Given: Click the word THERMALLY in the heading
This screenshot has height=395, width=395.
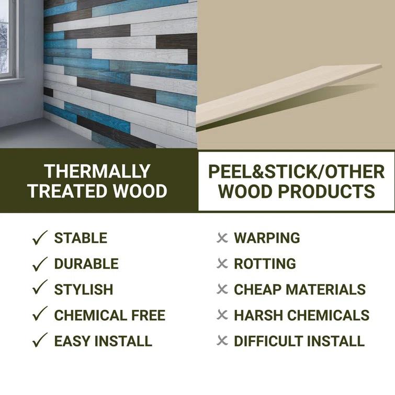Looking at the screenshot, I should pyautogui.click(x=97, y=171).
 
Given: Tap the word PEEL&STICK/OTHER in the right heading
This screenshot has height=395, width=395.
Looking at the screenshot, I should pyautogui.click(x=296, y=172).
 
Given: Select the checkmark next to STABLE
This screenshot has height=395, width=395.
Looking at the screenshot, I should pyautogui.click(x=40, y=238).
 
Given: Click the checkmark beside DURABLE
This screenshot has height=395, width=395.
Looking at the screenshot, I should pyautogui.click(x=40, y=264).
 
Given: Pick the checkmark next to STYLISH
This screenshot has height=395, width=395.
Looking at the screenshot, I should pyautogui.click(x=40, y=289).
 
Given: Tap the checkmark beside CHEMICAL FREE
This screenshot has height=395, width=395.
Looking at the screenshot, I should pyautogui.click(x=40, y=315).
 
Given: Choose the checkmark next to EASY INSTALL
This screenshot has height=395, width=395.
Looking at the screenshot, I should pyautogui.click(x=40, y=341).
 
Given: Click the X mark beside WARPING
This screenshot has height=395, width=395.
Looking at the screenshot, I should pyautogui.click(x=222, y=238).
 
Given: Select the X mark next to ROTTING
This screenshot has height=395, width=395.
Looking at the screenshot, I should pyautogui.click(x=222, y=264).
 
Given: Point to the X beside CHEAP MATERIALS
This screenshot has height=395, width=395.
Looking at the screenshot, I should pyautogui.click(x=222, y=289).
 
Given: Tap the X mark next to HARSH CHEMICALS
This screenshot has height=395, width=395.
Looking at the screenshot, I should pyautogui.click(x=222, y=315).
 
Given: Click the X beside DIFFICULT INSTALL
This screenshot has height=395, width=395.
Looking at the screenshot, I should pyautogui.click(x=222, y=341).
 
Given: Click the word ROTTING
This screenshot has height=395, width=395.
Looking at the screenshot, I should pyautogui.click(x=265, y=264).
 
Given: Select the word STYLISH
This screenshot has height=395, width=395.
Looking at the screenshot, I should pyautogui.click(x=84, y=289).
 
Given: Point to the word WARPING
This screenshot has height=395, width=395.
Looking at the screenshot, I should pyautogui.click(x=267, y=238).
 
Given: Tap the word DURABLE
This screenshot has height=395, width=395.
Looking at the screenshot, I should pyautogui.click(x=86, y=264).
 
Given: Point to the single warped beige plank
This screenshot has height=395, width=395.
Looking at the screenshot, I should pyautogui.click(x=288, y=94).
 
